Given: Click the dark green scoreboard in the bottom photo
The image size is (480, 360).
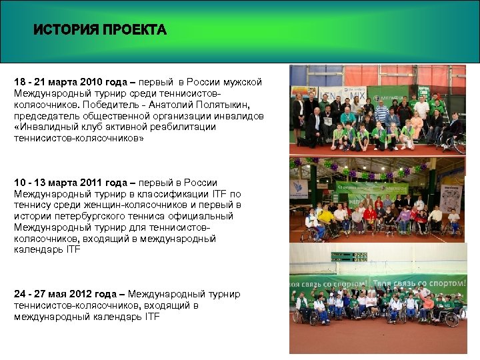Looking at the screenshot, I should [349, 256].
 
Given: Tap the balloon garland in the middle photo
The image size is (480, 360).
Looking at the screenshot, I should [373, 167].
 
